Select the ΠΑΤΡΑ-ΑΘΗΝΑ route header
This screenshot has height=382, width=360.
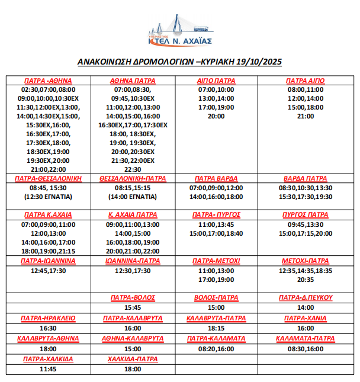(x=49, y=81)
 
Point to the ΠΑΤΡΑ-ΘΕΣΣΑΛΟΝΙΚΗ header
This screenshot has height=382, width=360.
(x=49, y=178)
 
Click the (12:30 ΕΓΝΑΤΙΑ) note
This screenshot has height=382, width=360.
(x=49, y=196)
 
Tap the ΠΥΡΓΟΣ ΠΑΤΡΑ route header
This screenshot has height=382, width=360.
(x=306, y=214)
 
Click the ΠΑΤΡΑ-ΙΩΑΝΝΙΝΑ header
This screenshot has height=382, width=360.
(x=49, y=261)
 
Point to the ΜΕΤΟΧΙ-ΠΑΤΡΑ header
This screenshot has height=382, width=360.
(x=306, y=261)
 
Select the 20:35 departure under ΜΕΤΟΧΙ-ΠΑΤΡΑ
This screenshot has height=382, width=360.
(x=306, y=280)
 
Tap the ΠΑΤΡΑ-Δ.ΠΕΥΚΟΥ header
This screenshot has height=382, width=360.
(x=306, y=297)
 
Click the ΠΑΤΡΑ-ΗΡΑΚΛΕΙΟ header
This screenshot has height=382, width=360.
(x=49, y=318)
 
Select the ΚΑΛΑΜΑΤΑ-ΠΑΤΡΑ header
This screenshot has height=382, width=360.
(x=306, y=338)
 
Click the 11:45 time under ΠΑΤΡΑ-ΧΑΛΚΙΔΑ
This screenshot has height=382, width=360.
(x=49, y=369)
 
